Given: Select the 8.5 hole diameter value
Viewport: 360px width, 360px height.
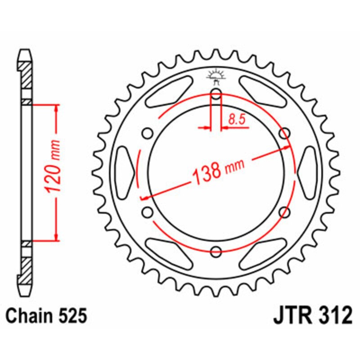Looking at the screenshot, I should click(236, 119).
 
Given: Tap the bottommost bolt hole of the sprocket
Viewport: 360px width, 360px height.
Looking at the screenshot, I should click(216, 251).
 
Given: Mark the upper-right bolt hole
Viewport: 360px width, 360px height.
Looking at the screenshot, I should click(284, 133).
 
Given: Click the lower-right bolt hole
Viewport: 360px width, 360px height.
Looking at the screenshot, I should click(284, 211).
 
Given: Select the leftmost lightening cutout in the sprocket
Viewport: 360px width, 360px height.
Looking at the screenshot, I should click(125, 172).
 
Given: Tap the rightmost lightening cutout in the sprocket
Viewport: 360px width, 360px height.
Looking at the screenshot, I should click(308, 172).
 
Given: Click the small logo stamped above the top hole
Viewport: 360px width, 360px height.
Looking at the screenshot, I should click(216, 77).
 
